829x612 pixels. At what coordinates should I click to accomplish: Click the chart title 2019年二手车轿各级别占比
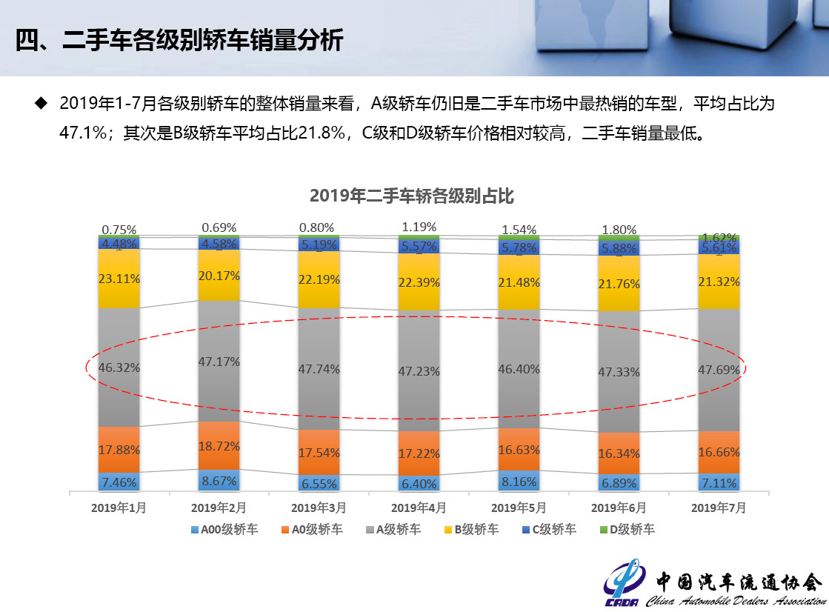pos(411,196)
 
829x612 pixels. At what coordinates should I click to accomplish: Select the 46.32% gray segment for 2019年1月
pos(119,367)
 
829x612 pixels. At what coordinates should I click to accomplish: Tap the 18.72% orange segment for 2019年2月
pos(219,445)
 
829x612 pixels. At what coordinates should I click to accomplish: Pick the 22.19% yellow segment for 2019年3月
pos(319,279)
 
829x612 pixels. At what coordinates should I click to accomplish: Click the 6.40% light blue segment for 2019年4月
pos(419,483)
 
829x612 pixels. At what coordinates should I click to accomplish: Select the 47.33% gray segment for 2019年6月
pos(619,371)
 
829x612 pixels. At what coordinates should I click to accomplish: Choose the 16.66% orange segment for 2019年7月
pos(719,452)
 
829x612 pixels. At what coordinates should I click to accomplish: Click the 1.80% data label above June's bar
pos(619,229)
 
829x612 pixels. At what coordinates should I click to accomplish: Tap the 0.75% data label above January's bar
pos(119,230)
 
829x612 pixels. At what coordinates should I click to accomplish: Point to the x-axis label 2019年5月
pos(519,508)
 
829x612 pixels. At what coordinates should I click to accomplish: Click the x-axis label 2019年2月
pos(219,508)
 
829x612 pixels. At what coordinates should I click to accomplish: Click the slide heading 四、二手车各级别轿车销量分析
pos(179,40)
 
